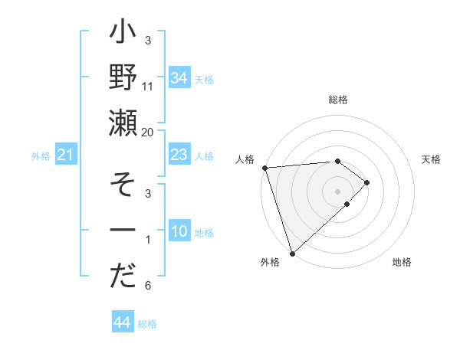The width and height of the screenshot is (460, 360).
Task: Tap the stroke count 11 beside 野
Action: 148,86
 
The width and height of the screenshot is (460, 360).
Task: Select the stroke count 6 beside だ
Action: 147,286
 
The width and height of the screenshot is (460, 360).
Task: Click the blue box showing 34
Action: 179,77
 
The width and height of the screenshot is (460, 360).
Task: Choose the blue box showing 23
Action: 179,155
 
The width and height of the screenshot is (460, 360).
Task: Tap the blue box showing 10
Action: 179,232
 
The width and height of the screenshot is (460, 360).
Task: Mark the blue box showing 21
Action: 66,155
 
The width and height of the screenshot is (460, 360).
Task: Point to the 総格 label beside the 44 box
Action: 147,324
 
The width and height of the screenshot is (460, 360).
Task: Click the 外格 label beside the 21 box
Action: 41,156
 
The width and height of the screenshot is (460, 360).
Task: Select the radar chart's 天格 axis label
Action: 432,159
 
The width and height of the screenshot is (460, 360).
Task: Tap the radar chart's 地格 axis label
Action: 402,263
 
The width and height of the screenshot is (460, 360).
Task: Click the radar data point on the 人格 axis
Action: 264,167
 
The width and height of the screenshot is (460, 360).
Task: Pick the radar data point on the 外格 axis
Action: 292,253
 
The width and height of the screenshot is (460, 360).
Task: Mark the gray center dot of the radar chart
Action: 337,191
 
